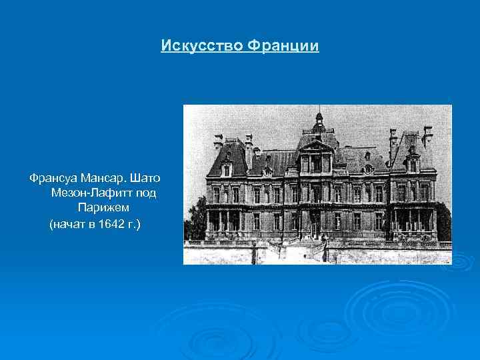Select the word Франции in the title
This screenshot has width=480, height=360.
point(283,46)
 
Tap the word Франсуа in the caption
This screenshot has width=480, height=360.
point(52,179)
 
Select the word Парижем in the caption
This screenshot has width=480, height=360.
point(103,208)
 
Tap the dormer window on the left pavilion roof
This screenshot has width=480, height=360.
point(227,169)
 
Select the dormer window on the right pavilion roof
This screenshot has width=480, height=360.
point(413,165)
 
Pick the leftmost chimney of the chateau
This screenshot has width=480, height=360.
point(218,141)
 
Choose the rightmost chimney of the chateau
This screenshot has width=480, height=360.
point(427,135)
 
